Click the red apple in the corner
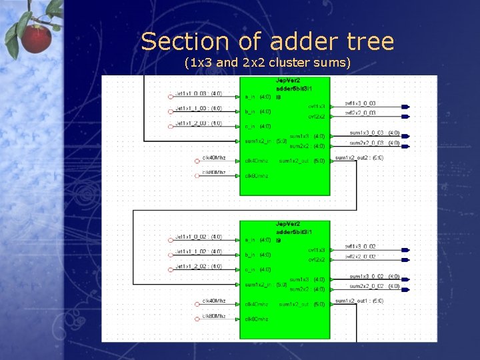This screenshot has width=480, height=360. [36, 37]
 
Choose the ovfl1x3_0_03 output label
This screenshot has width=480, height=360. [361, 103]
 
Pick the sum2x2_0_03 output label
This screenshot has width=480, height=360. [365, 143]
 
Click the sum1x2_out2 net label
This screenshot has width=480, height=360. [359, 158]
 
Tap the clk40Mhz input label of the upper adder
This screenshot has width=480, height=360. [214, 159]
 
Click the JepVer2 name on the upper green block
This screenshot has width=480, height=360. [288, 81]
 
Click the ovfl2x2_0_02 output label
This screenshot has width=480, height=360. [361, 257]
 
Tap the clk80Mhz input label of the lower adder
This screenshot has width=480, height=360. [214, 316]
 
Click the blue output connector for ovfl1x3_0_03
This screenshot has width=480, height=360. [405, 107]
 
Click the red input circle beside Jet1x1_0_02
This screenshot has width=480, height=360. [170, 237]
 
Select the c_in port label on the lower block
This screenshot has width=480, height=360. [250, 269]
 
